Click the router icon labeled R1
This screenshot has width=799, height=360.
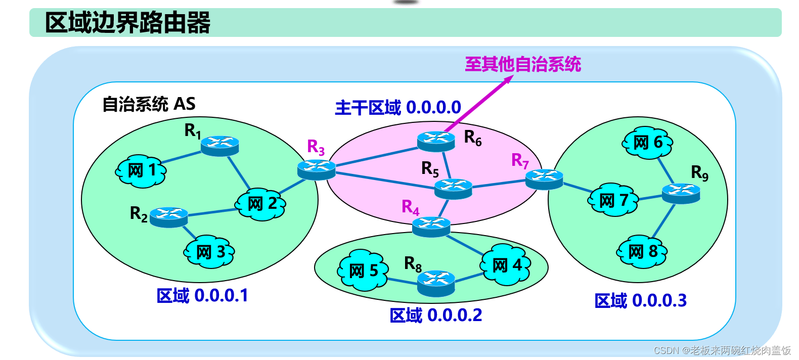219,146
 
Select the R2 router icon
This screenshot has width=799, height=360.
169,217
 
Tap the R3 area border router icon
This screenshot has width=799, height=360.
317,169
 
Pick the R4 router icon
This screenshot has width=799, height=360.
431,227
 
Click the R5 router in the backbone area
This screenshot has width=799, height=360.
453,189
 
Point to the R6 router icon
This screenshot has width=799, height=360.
436,141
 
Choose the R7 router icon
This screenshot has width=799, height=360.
544,179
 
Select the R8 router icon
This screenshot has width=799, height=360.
436,283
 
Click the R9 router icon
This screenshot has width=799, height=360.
681,193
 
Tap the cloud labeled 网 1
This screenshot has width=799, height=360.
141,171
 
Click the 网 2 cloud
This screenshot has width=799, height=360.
261,204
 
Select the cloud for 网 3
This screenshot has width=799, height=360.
209,251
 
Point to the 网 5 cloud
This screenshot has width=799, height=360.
363,271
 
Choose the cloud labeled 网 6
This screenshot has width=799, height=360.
647,143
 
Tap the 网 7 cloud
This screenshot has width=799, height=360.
613,200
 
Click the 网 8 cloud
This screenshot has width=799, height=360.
642,251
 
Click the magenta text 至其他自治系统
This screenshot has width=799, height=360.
523,64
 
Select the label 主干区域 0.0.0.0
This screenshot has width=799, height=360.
397,108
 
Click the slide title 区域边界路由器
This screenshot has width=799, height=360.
127,23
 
